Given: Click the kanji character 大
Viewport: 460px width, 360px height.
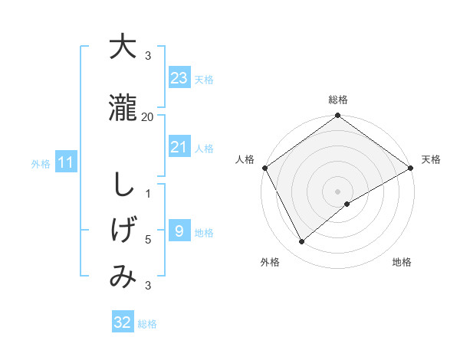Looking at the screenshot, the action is point(123,47).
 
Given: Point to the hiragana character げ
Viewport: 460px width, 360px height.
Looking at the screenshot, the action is point(123,229).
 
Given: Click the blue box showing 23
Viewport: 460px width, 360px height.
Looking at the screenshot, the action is point(179,78).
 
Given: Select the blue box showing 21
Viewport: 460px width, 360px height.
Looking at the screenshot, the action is point(179,147).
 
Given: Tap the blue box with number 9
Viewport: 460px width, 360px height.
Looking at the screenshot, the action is point(179,231).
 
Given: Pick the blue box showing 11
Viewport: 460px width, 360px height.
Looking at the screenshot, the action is point(65,162).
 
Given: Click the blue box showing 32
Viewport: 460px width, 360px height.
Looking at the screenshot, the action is point(123,322).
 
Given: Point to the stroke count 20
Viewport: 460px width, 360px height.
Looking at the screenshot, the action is point(148,116).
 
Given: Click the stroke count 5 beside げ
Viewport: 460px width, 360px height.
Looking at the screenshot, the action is point(148,240).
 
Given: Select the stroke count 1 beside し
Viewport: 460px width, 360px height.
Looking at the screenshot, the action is point(148,193).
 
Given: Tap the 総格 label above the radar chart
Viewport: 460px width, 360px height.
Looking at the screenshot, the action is point(338,100).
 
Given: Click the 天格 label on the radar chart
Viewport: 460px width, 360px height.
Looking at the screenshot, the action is point(431,159).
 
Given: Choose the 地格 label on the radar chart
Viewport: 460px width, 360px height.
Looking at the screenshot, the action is point(402,262).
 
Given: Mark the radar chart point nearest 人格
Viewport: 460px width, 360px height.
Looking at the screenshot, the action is point(264,168).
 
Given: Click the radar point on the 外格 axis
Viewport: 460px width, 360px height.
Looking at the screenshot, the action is point(302,242).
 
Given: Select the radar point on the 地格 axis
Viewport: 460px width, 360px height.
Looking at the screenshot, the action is point(347,204).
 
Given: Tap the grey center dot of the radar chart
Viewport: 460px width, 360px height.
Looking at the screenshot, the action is point(337,191).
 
